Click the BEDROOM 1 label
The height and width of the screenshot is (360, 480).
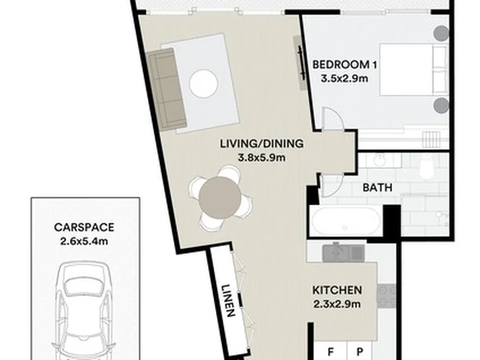(345, 65)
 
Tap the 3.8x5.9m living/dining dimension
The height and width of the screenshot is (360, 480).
(262, 157)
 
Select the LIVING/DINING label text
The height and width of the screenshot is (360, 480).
(262, 143)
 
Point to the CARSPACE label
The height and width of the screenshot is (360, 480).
(84, 227)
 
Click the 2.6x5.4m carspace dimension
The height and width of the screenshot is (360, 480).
(84, 241)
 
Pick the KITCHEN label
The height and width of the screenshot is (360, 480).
(337, 290)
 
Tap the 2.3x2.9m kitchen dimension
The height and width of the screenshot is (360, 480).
(337, 304)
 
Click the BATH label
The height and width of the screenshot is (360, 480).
(377, 187)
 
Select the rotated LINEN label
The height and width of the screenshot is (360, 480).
(229, 301)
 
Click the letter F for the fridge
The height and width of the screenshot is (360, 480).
(331, 352)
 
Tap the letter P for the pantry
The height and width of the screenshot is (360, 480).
(360, 352)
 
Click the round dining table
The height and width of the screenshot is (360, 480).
(220, 198)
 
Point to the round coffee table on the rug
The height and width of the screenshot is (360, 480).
(203, 83)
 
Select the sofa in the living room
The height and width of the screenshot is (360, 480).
(166, 89)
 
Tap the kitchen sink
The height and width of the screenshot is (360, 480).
(343, 253)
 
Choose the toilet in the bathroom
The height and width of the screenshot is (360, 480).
(427, 167)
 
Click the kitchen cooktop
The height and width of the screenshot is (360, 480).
(386, 296)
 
